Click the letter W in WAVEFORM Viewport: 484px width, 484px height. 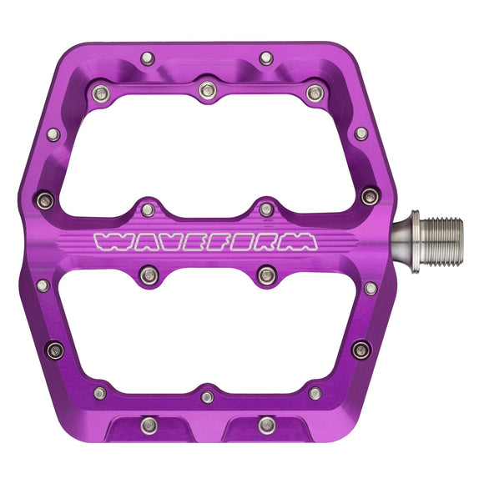(x=108, y=242)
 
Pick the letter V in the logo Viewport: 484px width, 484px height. (x=166, y=242)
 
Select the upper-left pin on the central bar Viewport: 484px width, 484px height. (x=148, y=209)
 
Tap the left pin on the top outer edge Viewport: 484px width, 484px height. (x=148, y=58)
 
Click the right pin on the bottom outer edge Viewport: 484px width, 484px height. (x=266, y=425)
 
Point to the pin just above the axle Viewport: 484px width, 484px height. (x=370, y=197)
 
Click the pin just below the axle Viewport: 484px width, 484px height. (x=370, y=288)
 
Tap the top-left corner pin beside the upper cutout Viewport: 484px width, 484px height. (x=100, y=92)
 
